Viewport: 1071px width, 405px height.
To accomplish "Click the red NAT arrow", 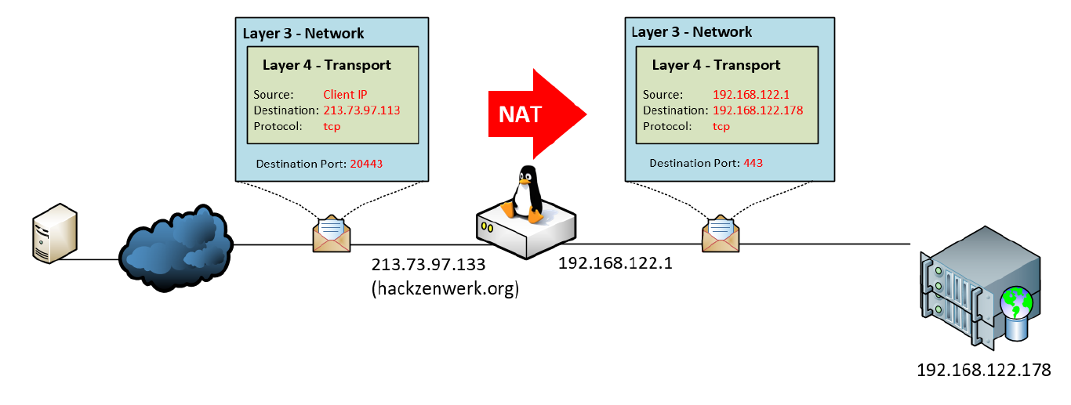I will pos(535,114).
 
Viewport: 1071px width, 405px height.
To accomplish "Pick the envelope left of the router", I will pos(332,233).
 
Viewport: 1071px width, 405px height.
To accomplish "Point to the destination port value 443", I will pos(752,163).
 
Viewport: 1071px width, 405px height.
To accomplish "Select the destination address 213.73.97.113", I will pos(361,110).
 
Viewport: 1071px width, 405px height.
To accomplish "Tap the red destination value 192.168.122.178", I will pos(757,110).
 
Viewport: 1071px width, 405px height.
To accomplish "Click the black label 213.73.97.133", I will pos(429,264).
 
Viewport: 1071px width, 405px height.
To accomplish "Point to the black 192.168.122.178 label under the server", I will pos(983,370).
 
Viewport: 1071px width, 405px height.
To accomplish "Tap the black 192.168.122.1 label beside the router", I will pos(615,263).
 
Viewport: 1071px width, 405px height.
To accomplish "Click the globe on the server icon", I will pos(1016,301).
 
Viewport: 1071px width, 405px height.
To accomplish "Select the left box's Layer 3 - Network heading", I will pos(303,33).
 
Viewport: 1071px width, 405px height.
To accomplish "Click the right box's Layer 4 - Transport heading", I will pos(716,65).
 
